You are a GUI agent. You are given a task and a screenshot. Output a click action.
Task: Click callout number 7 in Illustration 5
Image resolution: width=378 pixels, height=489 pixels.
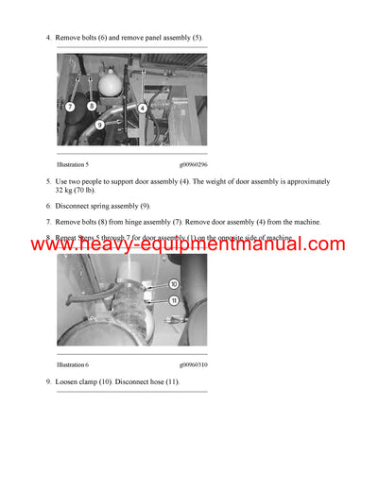(70, 108)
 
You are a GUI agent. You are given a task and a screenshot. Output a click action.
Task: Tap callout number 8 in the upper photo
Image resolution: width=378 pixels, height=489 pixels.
(91, 106)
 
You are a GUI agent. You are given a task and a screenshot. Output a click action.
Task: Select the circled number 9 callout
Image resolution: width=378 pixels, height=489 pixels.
(99, 125)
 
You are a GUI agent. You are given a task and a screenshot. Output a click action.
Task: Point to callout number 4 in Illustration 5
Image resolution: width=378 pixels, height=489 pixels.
(142, 108)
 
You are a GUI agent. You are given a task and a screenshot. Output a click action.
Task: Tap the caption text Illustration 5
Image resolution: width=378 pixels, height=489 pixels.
(73, 163)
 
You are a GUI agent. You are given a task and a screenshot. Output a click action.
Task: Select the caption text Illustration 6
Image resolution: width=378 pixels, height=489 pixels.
(73, 363)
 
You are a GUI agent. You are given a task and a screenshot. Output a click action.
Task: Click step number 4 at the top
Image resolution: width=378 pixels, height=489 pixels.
(48, 38)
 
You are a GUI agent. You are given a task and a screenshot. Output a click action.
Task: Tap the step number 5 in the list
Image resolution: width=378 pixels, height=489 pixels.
(48, 180)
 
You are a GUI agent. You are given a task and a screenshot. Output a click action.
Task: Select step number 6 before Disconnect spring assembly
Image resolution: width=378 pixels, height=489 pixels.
(48, 205)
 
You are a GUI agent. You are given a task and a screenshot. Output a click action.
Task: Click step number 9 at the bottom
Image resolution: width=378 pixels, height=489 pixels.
(48, 381)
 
